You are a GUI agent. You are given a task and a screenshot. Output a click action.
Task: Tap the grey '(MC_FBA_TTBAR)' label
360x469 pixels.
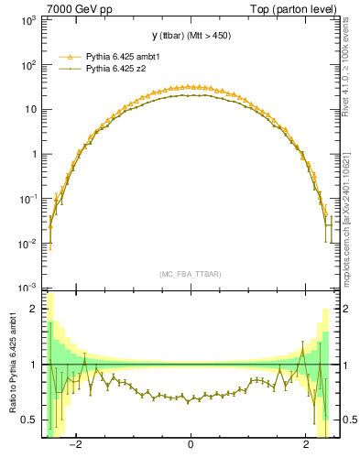point(190,274)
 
